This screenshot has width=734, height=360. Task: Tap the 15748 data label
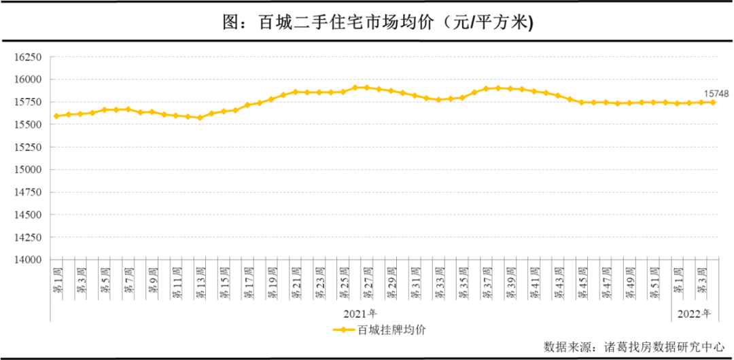pos(715,93)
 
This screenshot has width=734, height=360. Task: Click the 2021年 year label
pos(360,313)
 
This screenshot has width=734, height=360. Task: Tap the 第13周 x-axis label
pos(200,281)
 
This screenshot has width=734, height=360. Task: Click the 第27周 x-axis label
pos(368,281)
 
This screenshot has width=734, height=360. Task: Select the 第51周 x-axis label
pos(654,281)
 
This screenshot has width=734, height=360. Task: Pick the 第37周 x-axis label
pos(487,281)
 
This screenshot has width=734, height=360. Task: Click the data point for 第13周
pos(200,118)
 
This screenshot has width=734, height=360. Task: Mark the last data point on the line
pos(713,102)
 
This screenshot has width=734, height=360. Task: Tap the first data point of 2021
pos(56,116)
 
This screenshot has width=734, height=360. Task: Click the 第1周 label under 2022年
pos(678,279)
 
